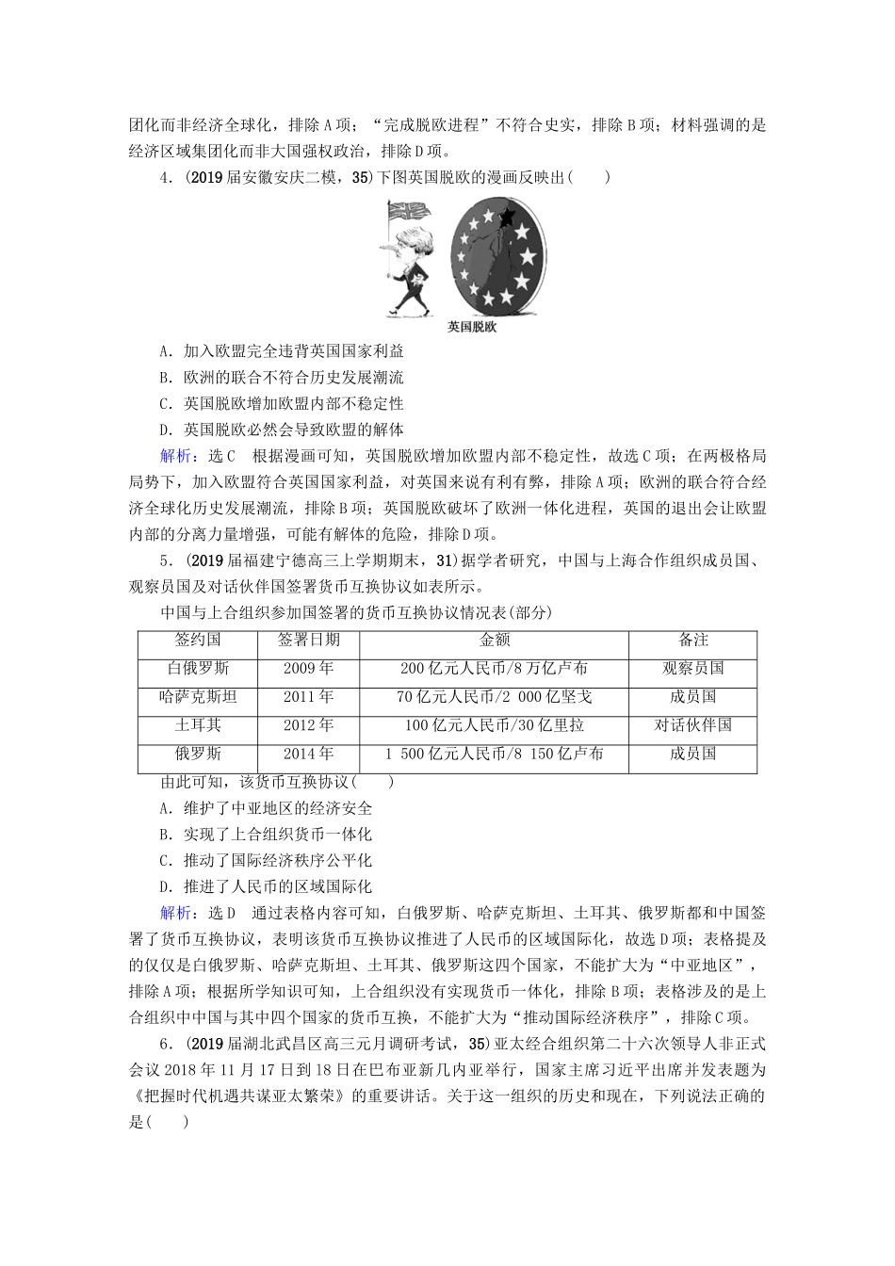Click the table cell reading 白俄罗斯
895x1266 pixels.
(x=198, y=669)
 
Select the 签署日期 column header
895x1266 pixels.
(x=308, y=641)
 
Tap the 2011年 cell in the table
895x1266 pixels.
(x=308, y=697)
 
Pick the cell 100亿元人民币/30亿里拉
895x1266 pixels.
(x=495, y=725)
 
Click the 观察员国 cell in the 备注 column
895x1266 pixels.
(x=693, y=669)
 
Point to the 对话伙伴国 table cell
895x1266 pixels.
(x=693, y=725)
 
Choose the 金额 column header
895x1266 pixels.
(x=495, y=641)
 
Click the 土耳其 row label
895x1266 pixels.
(x=198, y=725)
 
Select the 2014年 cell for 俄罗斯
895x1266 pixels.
(x=308, y=754)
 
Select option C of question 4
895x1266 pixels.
(x=282, y=404)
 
